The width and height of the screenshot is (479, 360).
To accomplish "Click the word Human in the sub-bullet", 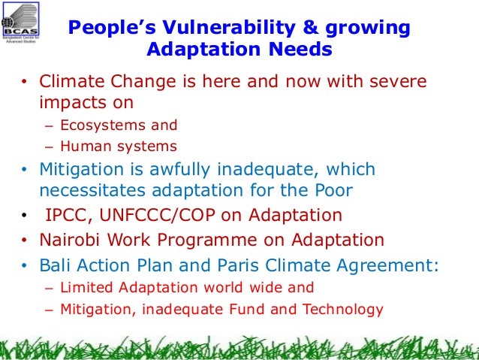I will tap(82, 147).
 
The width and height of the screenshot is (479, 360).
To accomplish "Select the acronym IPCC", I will tap(66, 216).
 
